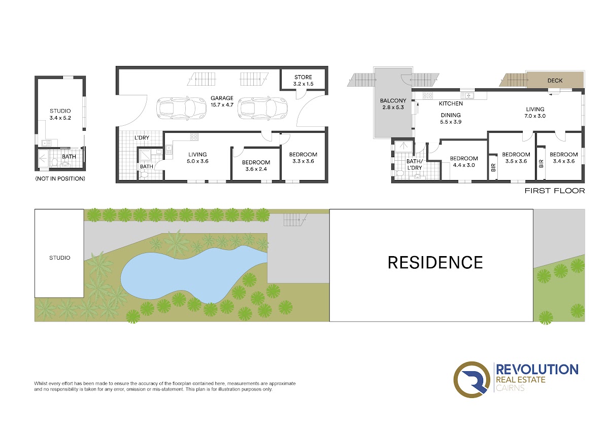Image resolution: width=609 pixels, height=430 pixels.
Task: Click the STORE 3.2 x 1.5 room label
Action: coord(303,81)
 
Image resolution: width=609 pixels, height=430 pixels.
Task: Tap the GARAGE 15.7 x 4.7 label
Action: coord(222,101)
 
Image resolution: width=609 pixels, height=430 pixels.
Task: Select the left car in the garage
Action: coord(181,108)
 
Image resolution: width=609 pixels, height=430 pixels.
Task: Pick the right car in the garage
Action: coord(263,108)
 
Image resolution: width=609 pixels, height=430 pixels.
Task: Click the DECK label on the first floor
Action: coord(555,81)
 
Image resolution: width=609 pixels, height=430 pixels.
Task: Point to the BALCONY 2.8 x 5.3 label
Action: coord(393,104)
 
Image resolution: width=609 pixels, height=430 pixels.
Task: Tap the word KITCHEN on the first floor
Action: coord(451,103)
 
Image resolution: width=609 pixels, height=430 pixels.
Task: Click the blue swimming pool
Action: coord(190,274)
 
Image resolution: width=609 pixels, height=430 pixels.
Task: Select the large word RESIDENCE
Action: coord(435,262)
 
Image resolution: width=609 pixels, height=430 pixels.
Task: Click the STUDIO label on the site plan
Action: coord(59,258)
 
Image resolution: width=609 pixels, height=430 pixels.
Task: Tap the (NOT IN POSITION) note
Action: coord(60,178)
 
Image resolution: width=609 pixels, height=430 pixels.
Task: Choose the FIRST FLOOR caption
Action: coord(555,191)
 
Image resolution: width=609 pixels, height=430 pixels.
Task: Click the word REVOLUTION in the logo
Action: coord(537,370)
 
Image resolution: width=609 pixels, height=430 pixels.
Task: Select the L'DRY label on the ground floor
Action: coord(142,138)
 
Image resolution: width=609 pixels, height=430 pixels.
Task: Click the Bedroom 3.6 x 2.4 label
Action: coord(256,166)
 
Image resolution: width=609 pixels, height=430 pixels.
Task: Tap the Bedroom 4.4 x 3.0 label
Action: coord(464,162)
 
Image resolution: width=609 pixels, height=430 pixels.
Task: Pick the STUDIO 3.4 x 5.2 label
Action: coord(60,115)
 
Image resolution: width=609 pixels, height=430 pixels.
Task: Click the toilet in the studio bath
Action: coord(55,162)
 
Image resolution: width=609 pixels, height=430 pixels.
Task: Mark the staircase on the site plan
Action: coord(295,220)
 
